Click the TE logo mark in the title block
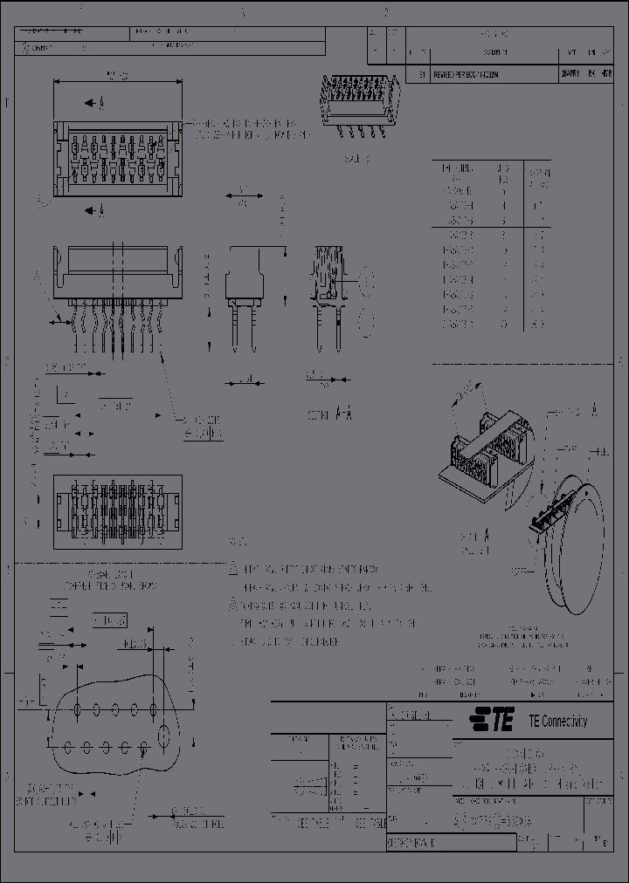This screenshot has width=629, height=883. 490,721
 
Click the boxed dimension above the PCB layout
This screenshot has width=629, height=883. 110,620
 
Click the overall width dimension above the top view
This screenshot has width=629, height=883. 117,77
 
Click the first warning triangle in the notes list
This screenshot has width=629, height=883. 233,568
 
